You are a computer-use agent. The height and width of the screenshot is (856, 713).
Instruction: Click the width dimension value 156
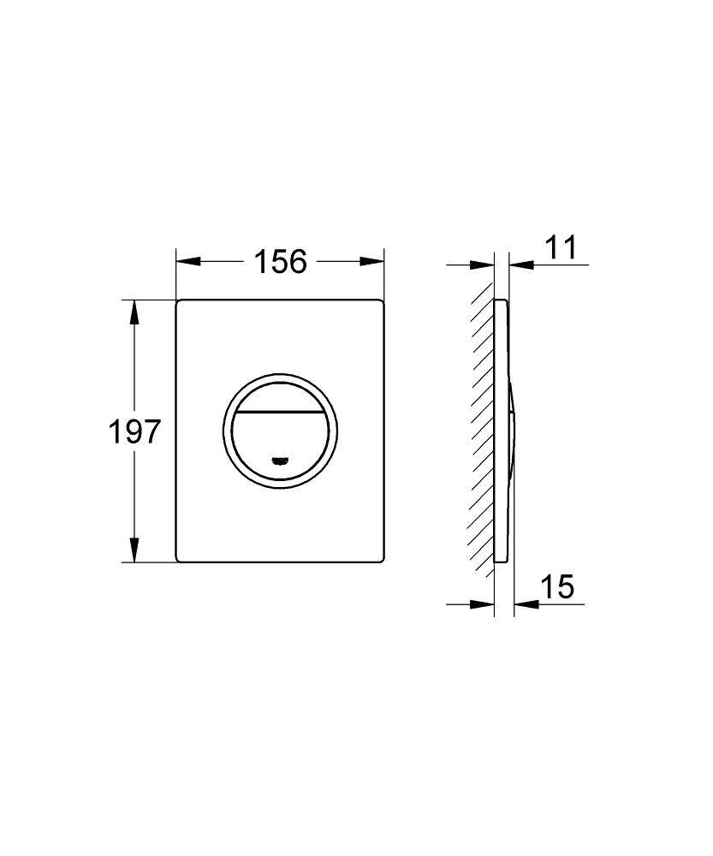(280, 261)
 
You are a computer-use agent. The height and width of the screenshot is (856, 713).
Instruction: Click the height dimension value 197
(134, 431)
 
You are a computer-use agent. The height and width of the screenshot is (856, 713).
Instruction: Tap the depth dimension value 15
(556, 587)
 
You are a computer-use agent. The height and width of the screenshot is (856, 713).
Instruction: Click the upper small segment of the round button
(280, 395)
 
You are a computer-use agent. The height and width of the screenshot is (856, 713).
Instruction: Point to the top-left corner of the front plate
(178, 302)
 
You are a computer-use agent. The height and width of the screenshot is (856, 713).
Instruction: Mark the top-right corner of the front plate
(381, 302)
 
